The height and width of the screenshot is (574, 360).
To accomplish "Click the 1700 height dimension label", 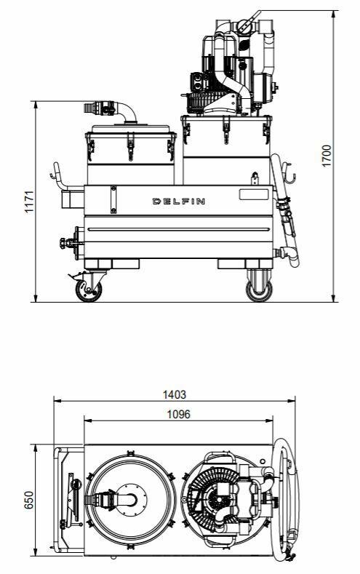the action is (327, 156).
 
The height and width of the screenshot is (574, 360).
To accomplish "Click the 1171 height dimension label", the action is (29, 201).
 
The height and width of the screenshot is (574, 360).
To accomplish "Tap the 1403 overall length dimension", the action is (174, 394).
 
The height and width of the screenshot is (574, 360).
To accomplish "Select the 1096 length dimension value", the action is (178, 414).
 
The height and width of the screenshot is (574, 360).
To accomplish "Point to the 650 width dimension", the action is (29, 500).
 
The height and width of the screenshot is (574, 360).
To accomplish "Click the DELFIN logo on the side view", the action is (178, 201).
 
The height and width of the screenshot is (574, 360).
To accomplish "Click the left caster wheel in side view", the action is (89, 291).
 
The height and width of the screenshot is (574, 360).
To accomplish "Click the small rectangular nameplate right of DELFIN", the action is (254, 194).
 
